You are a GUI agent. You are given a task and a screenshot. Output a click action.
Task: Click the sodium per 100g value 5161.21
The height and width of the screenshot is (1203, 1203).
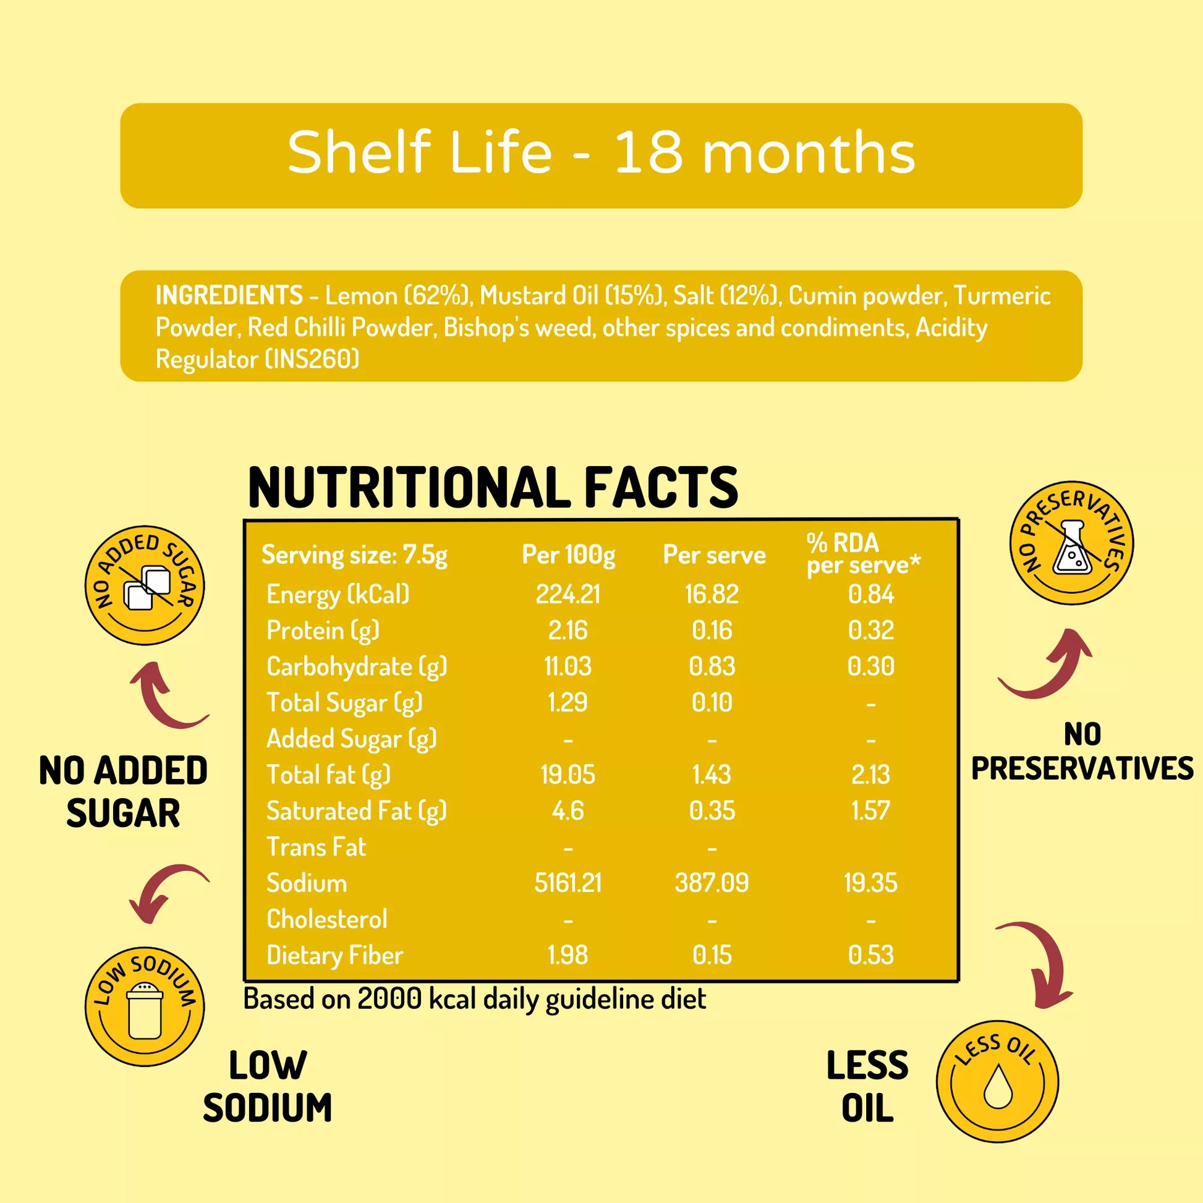568,883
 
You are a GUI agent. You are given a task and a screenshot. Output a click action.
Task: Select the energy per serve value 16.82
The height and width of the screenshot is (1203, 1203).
712,594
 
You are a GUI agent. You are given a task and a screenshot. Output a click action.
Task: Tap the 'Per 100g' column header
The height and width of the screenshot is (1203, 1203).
568,554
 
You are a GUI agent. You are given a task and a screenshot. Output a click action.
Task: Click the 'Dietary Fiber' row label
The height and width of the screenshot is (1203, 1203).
334,955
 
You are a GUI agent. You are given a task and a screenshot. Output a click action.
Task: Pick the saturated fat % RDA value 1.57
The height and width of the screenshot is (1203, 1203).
870,810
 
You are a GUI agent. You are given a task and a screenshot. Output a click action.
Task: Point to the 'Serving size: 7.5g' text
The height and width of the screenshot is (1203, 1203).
354,554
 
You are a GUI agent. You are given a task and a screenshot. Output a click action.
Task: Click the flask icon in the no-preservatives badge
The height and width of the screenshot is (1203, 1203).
1072,548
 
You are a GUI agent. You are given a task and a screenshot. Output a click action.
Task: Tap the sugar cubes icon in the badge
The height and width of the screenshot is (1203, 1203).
147,587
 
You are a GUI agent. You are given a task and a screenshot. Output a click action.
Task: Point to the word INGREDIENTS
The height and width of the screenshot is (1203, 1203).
229,295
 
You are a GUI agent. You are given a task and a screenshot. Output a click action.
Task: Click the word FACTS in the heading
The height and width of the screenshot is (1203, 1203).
661,488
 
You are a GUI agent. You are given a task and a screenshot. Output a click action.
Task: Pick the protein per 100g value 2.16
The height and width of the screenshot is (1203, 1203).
568,630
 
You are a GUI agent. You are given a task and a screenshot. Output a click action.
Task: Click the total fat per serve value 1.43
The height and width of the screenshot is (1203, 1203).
712,775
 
